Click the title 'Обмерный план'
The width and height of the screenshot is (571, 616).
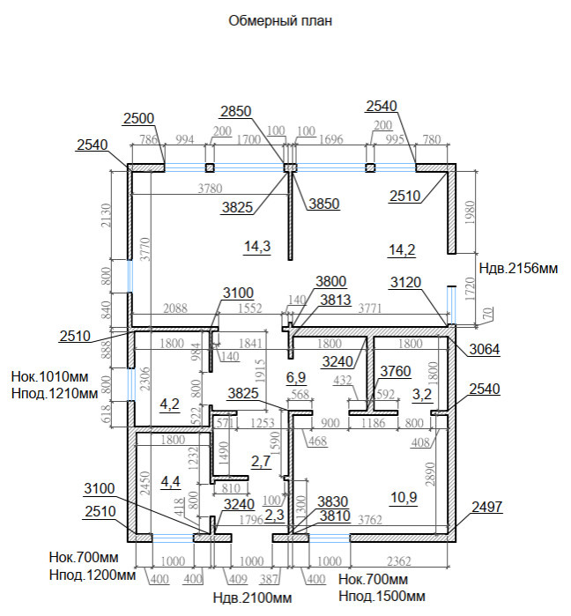pyautogui.click(x=281, y=20)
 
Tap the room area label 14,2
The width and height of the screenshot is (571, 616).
pyautogui.click(x=401, y=249)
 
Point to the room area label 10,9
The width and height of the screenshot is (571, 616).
pyautogui.click(x=404, y=498)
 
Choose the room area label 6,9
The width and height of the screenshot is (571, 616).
pyautogui.click(x=295, y=378)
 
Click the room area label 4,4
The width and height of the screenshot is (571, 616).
pyautogui.click(x=170, y=481)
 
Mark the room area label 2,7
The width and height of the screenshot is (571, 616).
pyautogui.click(x=261, y=461)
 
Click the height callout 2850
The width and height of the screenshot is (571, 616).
pyautogui.click(x=236, y=112)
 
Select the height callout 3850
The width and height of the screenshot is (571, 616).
pyautogui.click(x=323, y=204)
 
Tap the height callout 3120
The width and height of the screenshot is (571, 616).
pyautogui.click(x=404, y=283)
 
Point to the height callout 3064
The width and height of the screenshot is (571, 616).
pyautogui.click(x=484, y=350)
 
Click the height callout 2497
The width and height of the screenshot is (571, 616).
pyautogui.click(x=486, y=506)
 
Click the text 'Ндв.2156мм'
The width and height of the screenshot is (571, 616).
pyautogui.click(x=518, y=268)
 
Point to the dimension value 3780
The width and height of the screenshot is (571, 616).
pyautogui.click(x=210, y=188)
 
